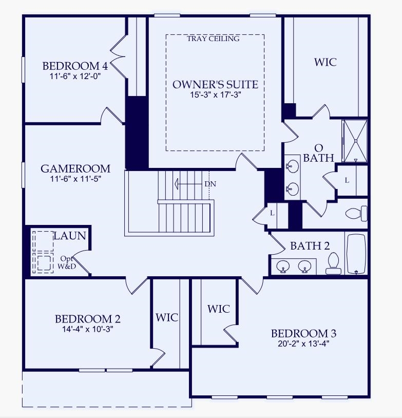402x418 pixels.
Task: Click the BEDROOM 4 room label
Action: click(75, 66)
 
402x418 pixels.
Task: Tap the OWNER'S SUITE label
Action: click(215, 84)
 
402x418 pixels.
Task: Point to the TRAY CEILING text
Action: click(213, 39)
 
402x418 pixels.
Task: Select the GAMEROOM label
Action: click(75, 168)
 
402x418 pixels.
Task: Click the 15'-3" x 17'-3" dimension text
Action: click(215, 94)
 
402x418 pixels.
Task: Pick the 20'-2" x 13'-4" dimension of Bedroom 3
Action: click(303, 344)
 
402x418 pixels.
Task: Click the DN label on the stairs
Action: click(210, 183)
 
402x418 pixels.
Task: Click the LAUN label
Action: click(70, 236)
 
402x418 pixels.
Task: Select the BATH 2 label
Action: click(310, 246)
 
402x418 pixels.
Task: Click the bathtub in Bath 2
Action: click(356, 254)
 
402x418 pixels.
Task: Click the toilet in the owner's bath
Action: click(356, 213)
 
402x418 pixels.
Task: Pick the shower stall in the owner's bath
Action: click(355, 140)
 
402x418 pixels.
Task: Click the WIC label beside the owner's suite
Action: click(326, 62)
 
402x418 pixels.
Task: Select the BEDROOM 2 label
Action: click(88, 319)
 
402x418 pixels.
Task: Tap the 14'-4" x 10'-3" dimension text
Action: click(88, 329)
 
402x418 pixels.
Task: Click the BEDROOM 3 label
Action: click(303, 333)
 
